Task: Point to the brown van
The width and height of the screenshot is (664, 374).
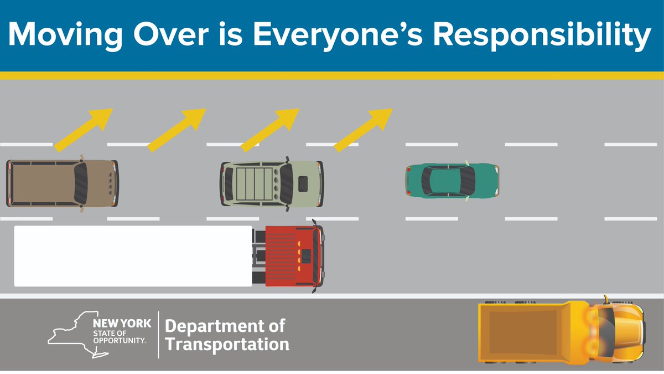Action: [61, 183]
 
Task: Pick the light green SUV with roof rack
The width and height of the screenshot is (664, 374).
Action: [272, 183]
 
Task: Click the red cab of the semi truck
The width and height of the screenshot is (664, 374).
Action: [293, 256]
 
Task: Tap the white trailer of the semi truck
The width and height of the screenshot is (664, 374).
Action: [133, 256]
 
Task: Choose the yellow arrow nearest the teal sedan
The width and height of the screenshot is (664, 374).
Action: [364, 129]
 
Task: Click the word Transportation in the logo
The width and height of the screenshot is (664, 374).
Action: [227, 344]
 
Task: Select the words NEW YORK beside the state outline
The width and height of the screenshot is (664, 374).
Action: [118, 323]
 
